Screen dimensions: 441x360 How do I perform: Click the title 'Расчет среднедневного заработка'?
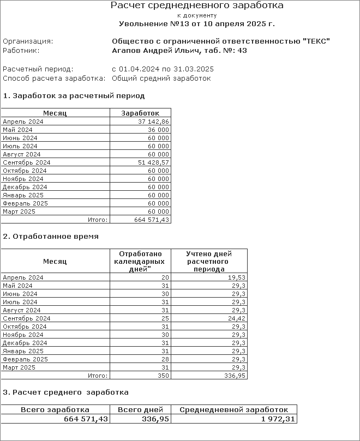tap(197, 6)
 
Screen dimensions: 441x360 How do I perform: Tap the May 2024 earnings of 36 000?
tap(159, 130)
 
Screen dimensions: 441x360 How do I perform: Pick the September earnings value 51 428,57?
tap(154, 162)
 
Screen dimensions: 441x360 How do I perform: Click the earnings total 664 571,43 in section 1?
tap(152, 220)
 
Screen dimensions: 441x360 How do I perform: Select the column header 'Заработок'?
tap(140, 113)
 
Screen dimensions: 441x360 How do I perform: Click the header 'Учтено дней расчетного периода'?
tap(209, 261)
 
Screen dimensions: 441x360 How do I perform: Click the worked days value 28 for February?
tap(166, 359)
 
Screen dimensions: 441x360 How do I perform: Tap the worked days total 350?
tap(164, 376)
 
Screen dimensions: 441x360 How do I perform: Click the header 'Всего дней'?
tap(141, 409)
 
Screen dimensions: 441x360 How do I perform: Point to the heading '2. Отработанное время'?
tap(51, 237)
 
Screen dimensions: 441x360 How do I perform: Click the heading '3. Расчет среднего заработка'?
tap(66, 392)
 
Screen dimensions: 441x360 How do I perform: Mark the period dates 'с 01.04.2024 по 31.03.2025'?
tap(163, 69)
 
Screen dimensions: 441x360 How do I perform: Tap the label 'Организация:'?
tap(28, 41)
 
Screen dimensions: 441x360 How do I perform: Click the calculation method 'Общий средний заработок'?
tap(161, 78)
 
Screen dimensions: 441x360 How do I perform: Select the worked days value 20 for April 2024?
tap(166, 277)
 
